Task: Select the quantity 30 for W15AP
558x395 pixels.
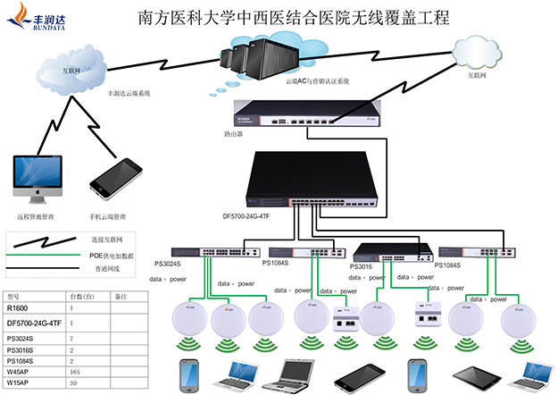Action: pos(73,382)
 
